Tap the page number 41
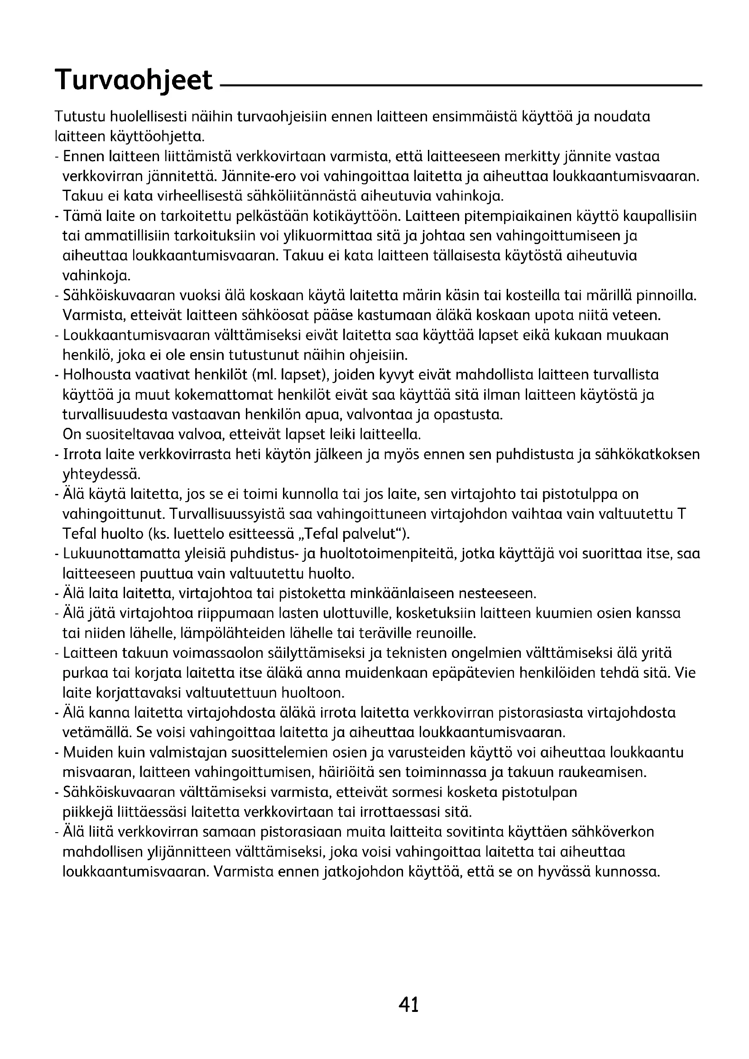pyautogui.click(x=409, y=1004)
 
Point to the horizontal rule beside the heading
pyautogui.click(x=461, y=86)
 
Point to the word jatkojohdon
pyautogui.click(x=360, y=872)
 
